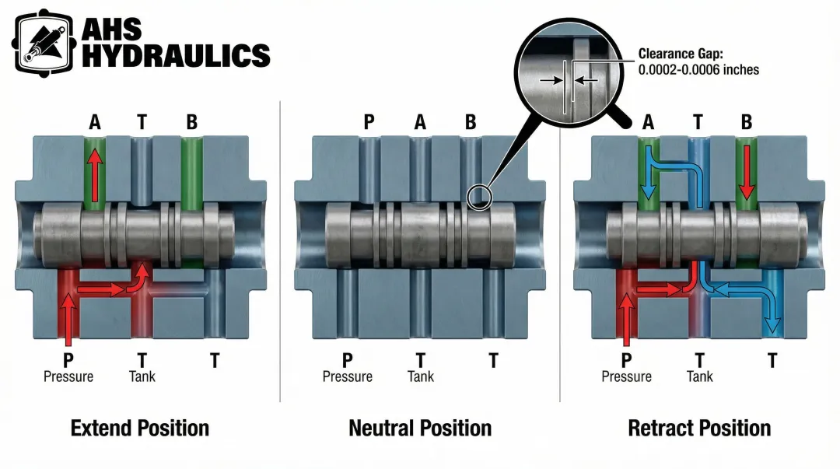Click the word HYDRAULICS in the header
176,55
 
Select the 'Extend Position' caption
140,428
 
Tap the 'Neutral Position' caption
420,428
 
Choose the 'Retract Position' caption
699,428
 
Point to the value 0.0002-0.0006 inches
698,70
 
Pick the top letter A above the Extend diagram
95,121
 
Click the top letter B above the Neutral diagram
470,121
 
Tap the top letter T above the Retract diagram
698,121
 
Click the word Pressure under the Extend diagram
68,376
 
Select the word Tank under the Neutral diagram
421,376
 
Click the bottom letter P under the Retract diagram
626,360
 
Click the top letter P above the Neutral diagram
369,121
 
